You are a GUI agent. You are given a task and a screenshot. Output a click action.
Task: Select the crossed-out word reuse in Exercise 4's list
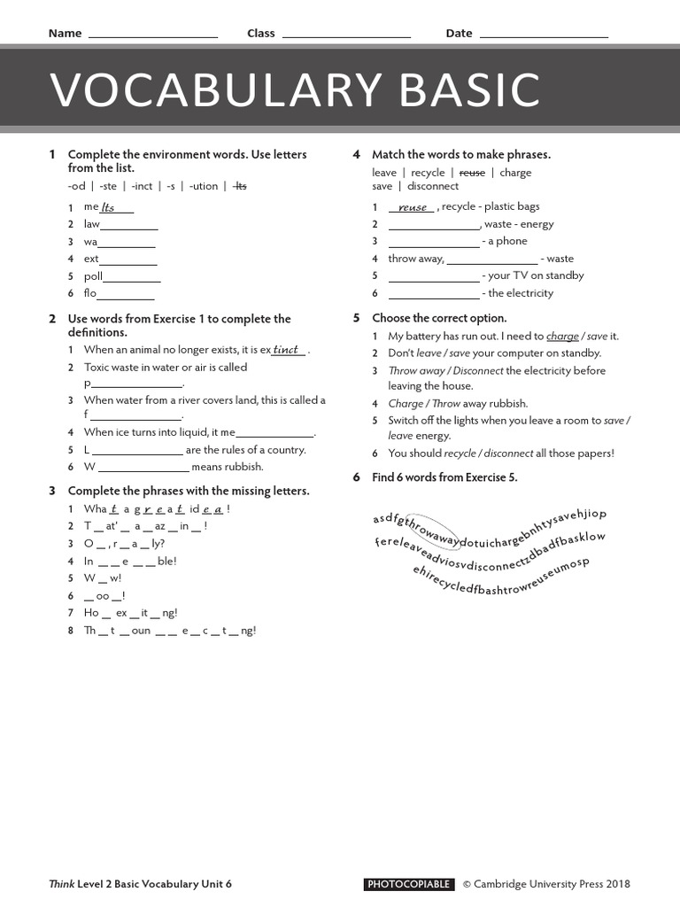point(471,173)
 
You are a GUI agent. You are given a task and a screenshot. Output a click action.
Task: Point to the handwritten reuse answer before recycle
point(413,207)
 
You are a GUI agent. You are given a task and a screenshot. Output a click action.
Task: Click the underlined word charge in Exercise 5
point(562,337)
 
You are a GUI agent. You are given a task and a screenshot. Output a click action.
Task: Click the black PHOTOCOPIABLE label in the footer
point(409,884)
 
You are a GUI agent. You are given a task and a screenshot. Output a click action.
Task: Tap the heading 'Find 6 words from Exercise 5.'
point(444,477)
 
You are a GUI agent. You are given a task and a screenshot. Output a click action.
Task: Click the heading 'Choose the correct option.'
point(439,318)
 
